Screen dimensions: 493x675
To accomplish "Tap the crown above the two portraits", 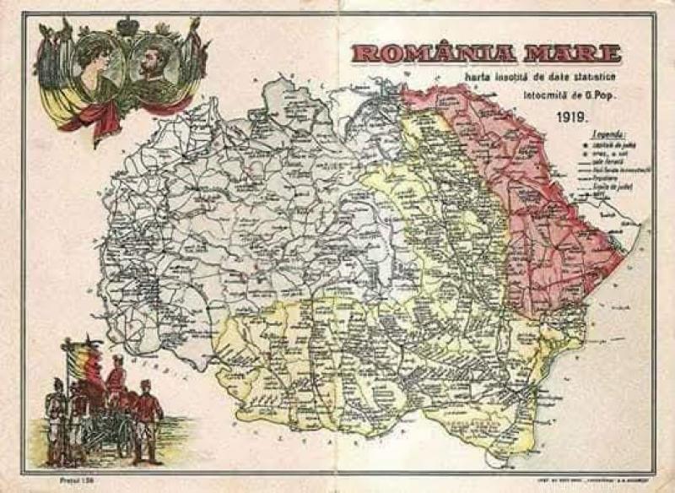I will (127, 25).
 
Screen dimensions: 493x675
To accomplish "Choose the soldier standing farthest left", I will (56, 418).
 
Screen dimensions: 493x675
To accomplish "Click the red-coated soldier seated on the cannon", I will (116, 384).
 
